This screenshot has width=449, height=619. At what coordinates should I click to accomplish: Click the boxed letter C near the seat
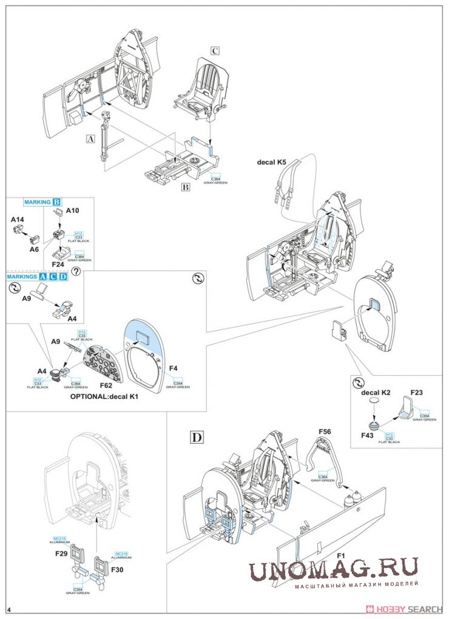point(214,51)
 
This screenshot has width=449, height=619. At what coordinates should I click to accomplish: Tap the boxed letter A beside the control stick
point(91,138)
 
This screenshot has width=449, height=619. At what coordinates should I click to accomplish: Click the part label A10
point(73,210)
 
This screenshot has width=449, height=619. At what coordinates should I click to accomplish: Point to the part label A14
point(18,218)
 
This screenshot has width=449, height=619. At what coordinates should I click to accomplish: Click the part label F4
point(173,368)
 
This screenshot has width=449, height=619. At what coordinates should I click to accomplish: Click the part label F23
point(417,393)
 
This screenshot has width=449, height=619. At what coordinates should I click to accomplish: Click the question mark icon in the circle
point(76,271)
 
